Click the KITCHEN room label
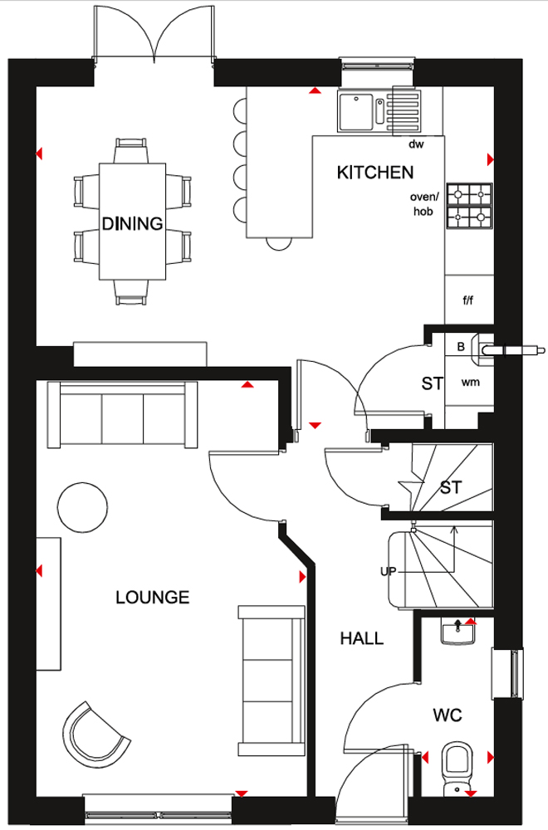(x=374, y=173)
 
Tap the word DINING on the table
(x=132, y=223)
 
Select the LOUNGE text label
(x=153, y=598)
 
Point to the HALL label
(x=362, y=638)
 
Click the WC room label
(x=448, y=715)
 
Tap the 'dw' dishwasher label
(x=416, y=144)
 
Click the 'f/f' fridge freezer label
(x=468, y=300)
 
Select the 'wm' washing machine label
(x=470, y=382)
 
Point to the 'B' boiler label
(x=461, y=347)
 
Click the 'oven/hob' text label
(x=424, y=204)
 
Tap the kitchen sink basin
(x=356, y=112)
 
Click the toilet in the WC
(x=457, y=768)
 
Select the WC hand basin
(x=458, y=632)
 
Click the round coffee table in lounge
(x=82, y=507)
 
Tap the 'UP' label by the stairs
(x=388, y=572)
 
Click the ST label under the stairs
(x=451, y=487)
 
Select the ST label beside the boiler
(x=432, y=383)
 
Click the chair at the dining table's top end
(x=131, y=150)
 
